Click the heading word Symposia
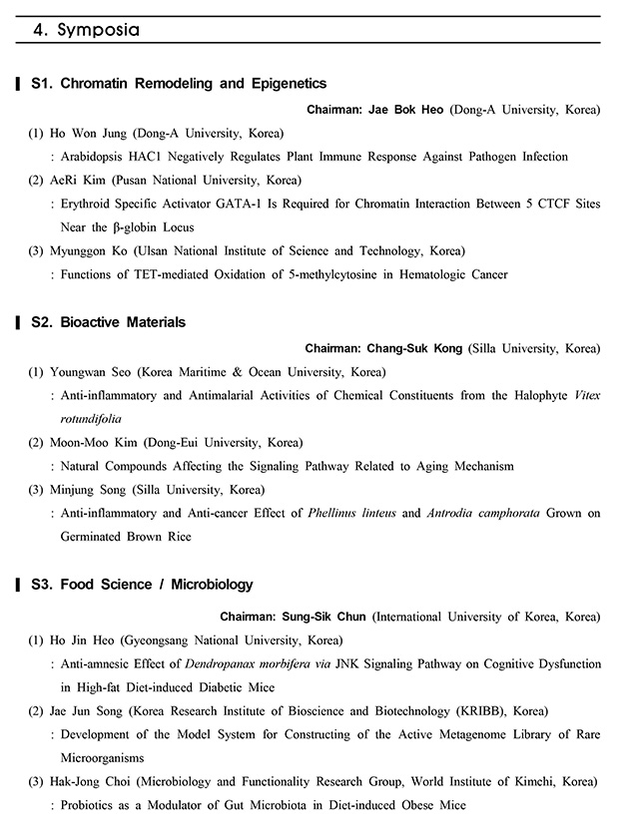coord(97,30)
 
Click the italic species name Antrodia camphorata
coord(484,514)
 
